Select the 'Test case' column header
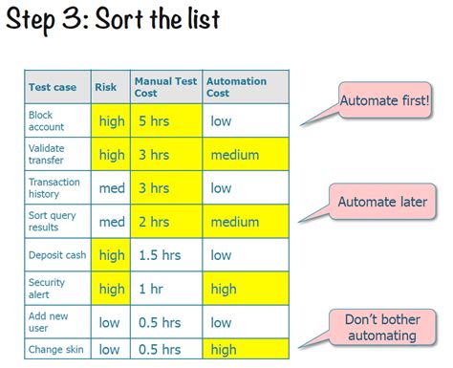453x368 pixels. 53,87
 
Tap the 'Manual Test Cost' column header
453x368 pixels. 165,87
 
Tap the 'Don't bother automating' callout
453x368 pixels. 381,328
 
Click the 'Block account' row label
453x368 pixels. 47,120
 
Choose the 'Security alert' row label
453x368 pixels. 47,289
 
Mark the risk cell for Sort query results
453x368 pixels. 112,222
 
